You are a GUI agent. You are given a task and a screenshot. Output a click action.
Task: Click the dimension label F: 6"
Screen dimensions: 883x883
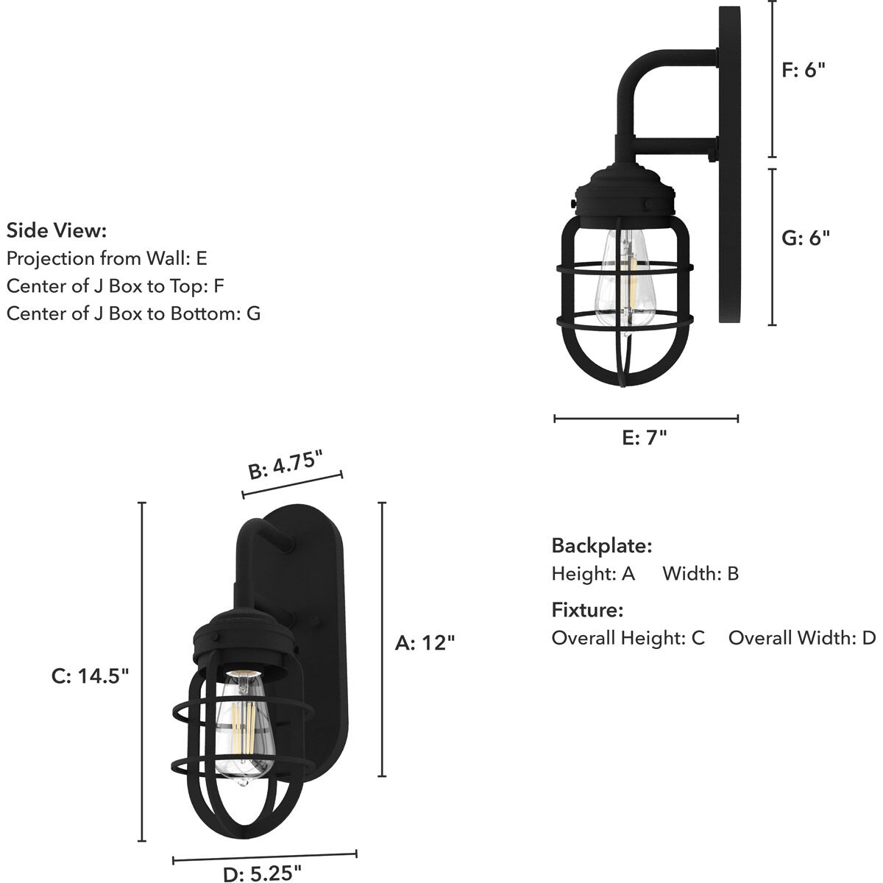click(x=803, y=70)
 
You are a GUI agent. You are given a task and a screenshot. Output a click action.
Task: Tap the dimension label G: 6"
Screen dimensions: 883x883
click(x=805, y=238)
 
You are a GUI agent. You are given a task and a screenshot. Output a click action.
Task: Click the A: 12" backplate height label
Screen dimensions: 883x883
click(x=425, y=642)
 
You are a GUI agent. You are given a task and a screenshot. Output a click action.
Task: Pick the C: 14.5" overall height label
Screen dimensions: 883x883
click(x=91, y=675)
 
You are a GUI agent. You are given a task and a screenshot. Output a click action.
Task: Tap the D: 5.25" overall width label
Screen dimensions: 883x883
click(x=262, y=873)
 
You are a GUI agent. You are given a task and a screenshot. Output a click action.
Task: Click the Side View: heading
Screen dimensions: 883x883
click(x=57, y=230)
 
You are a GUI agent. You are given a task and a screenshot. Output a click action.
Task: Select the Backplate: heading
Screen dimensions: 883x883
click(x=602, y=546)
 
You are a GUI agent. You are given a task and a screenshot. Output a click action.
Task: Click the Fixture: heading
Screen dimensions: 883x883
click(x=587, y=610)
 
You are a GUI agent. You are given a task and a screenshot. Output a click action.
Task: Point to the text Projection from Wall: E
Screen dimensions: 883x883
click(x=107, y=258)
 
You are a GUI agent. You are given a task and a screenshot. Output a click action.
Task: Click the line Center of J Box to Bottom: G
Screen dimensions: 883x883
click(x=133, y=313)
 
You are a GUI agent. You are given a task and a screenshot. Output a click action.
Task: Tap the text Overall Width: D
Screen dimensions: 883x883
click(x=802, y=638)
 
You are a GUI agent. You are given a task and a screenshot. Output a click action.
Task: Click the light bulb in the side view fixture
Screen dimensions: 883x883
click(x=623, y=280)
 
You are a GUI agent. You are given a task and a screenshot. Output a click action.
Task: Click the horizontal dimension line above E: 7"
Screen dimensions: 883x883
click(x=645, y=419)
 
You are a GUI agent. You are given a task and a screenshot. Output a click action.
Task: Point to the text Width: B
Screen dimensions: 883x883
click(x=700, y=573)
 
